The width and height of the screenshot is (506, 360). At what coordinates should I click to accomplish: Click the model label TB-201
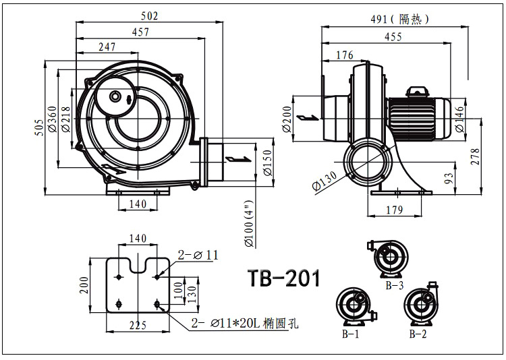point(283,278)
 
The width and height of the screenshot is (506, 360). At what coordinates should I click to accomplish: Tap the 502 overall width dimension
point(150,16)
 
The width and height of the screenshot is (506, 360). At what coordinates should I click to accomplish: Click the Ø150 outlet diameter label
point(268,162)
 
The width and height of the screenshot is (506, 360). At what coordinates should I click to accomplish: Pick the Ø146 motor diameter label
point(460,121)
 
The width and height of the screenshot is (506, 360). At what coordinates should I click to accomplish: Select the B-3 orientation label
point(395,285)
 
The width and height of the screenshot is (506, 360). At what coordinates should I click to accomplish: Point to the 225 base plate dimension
point(138,326)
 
